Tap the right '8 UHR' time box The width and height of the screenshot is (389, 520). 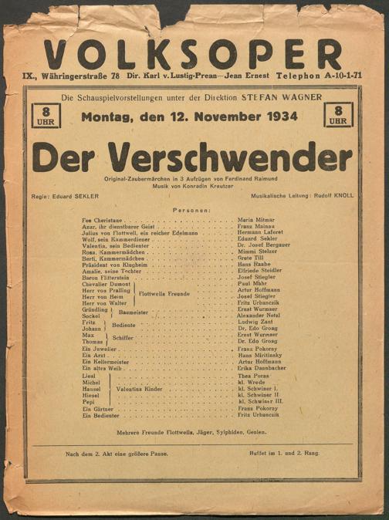[x=338, y=116]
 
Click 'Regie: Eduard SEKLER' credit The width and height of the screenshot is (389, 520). [x=67, y=196]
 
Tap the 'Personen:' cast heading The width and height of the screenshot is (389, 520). [x=192, y=210]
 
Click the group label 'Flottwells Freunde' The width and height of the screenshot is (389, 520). [x=164, y=293]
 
